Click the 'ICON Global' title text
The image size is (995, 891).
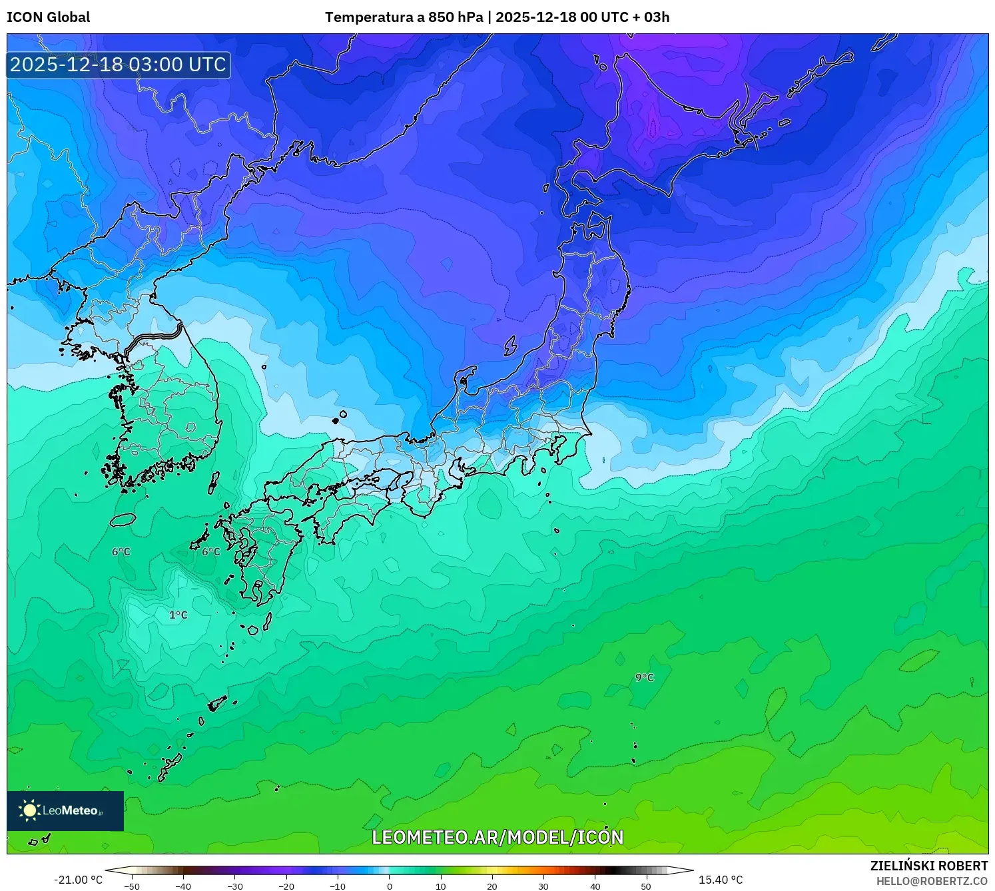48,17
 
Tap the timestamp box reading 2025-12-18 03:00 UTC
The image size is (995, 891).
119,65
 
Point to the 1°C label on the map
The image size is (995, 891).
178,615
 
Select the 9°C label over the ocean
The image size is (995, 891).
644,677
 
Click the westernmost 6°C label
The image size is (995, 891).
121,551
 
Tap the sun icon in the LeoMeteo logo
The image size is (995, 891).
29,810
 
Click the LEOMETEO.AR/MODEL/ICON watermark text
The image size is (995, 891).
497,837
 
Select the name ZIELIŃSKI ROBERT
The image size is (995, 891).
929,866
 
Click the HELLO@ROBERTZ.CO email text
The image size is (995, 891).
932,881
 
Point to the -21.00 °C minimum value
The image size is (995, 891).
78,880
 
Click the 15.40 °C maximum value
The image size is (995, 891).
721,880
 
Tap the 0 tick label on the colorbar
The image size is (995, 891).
390,886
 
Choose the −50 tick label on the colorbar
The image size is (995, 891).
132,886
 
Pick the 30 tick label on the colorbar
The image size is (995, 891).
543,886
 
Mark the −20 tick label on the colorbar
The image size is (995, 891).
286,886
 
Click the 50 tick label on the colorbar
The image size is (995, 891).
646,886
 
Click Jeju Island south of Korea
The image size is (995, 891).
123,520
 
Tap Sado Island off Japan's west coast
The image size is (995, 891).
510,346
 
